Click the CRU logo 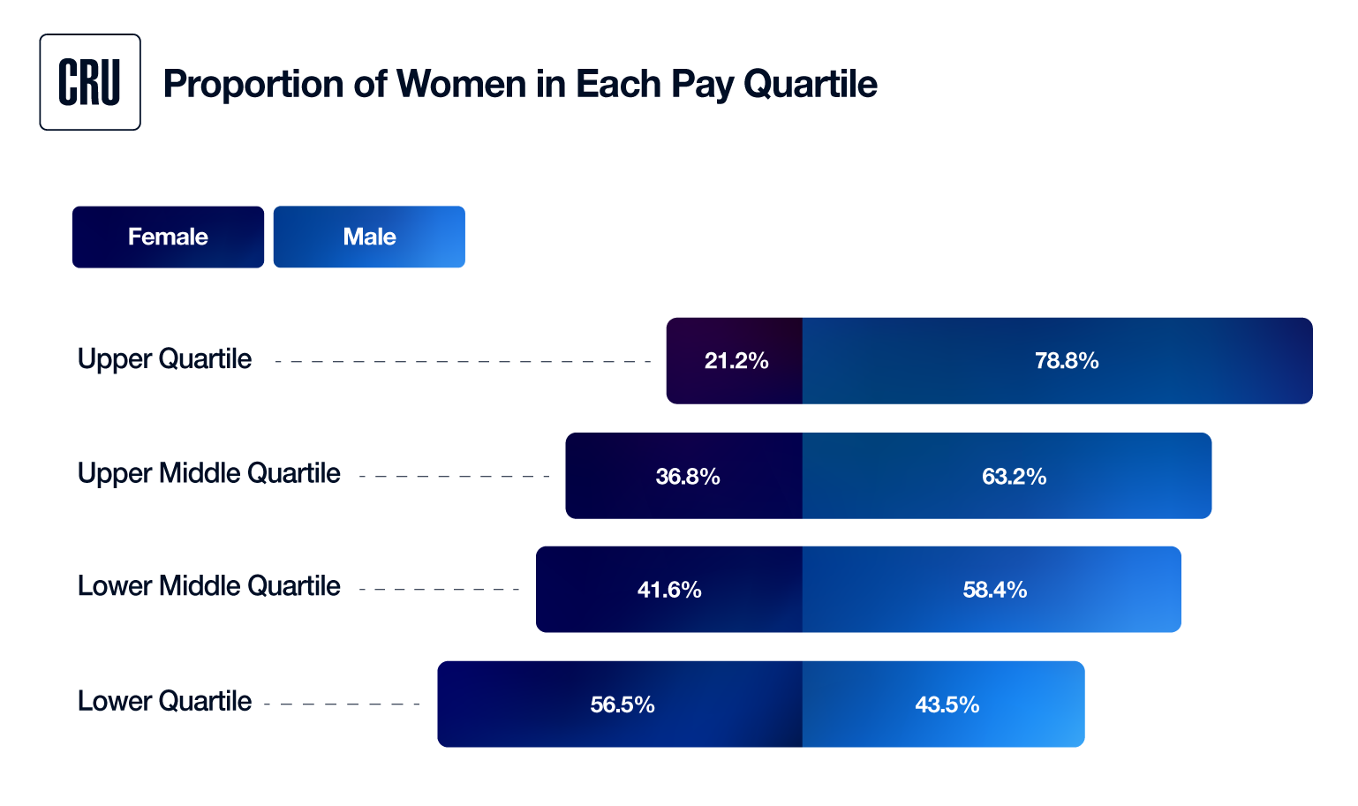(x=90, y=82)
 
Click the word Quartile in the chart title (x=810, y=85)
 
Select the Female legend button (x=168, y=237)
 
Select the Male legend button (x=369, y=237)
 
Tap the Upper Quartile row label (x=164, y=359)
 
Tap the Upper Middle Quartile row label (x=208, y=474)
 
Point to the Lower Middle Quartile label (x=208, y=586)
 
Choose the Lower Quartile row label (x=164, y=702)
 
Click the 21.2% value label (x=736, y=361)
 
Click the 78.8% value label (x=1067, y=361)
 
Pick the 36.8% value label (x=688, y=477)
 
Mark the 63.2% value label (x=1014, y=477)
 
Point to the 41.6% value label (x=669, y=590)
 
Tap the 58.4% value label (x=994, y=590)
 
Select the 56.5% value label (x=622, y=704)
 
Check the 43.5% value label (x=947, y=704)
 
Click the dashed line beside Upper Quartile (x=463, y=362)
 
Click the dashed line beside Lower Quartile (x=342, y=704)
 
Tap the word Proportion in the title (x=253, y=85)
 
